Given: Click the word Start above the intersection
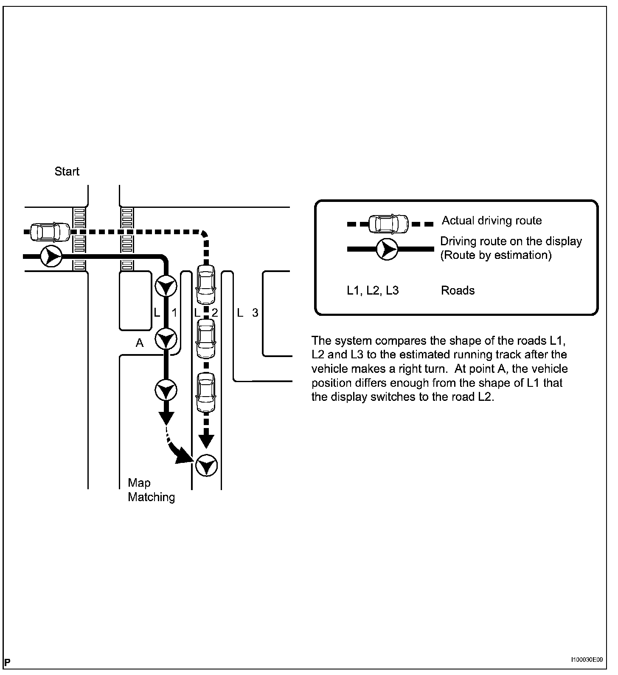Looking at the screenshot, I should pyautogui.click(x=67, y=171).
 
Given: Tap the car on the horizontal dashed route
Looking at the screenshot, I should pyautogui.click(x=50, y=232).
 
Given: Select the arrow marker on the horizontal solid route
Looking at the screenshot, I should pyautogui.click(x=51, y=256).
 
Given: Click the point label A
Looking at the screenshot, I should pyautogui.click(x=140, y=343).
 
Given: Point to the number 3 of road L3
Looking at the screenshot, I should pyautogui.click(x=255, y=313).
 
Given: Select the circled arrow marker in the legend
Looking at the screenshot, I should pyautogui.click(x=387, y=249).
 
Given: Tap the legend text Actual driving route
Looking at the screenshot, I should pyautogui.click(x=492, y=221).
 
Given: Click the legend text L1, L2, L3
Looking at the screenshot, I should pyautogui.click(x=373, y=291).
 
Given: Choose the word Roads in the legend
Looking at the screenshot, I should pyautogui.click(x=458, y=291).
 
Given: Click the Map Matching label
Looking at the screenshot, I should pyautogui.click(x=151, y=490).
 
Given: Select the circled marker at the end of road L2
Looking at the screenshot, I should pyautogui.click(x=207, y=465).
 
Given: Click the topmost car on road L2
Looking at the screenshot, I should pyautogui.click(x=206, y=279).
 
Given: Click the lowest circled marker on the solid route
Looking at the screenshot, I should pyautogui.click(x=166, y=390).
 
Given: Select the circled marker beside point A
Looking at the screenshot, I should pyautogui.click(x=166, y=339).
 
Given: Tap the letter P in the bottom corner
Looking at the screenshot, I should pyautogui.click(x=8, y=662).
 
